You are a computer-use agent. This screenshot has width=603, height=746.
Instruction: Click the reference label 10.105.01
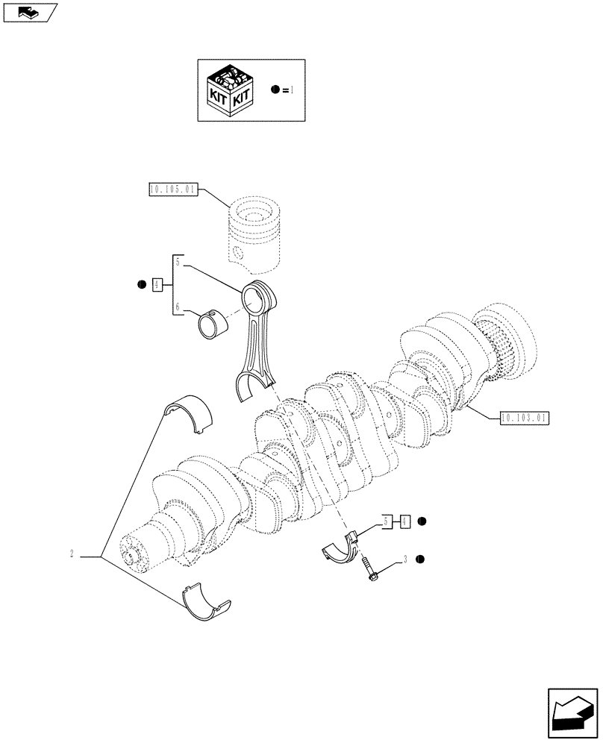[172, 190]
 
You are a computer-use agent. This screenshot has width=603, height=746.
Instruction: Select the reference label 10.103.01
[525, 418]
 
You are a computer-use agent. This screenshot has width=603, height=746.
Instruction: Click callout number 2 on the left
[71, 554]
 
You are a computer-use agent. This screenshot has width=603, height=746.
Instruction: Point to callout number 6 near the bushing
[178, 307]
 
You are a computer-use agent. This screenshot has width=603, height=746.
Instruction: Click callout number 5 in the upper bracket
[178, 262]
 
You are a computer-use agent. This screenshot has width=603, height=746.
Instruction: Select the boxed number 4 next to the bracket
[157, 284]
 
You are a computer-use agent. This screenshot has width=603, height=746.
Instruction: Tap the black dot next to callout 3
[420, 559]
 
